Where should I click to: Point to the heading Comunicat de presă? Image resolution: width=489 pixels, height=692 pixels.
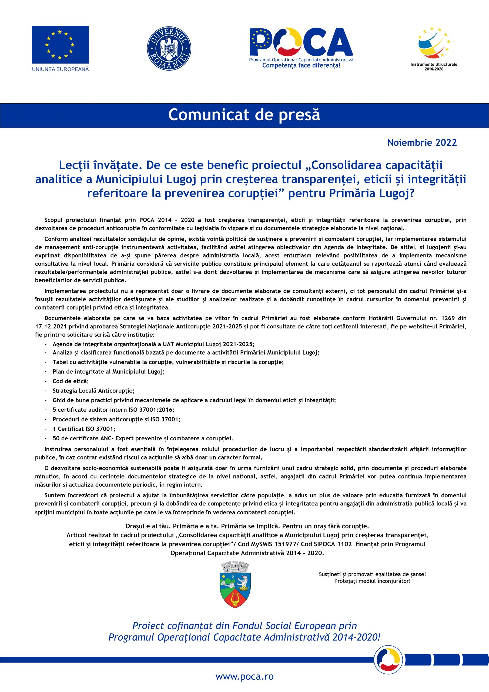[x=244, y=115]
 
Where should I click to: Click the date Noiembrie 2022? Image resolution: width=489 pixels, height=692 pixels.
[x=422, y=142]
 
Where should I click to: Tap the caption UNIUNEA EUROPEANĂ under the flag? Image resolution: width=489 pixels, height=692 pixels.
[x=60, y=69]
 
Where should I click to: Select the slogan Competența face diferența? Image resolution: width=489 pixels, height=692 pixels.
[x=301, y=65]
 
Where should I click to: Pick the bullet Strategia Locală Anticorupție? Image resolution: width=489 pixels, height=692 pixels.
[x=93, y=391]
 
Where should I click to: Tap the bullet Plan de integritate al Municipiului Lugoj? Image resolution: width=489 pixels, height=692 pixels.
[x=108, y=371]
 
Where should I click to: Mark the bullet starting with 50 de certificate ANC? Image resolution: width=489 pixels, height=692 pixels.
[x=142, y=438]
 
